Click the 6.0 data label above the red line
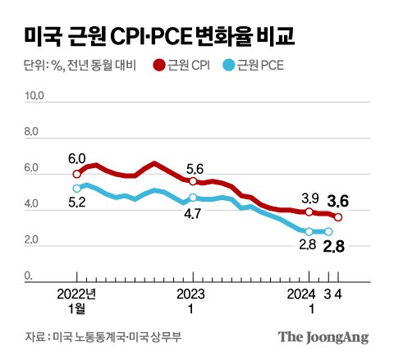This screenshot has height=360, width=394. [x=76, y=158]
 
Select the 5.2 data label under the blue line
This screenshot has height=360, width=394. [x=76, y=203]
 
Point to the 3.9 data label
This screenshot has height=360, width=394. [x=309, y=197]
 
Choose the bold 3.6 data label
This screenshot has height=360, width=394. [x=337, y=199]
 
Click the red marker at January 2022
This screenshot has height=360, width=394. [x=77, y=174]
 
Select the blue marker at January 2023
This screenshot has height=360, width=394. [x=192, y=198]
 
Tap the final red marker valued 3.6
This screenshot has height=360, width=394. [x=338, y=217]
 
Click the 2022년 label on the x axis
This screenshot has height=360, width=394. [x=77, y=294]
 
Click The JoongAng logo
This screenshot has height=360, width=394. [x=323, y=337]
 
